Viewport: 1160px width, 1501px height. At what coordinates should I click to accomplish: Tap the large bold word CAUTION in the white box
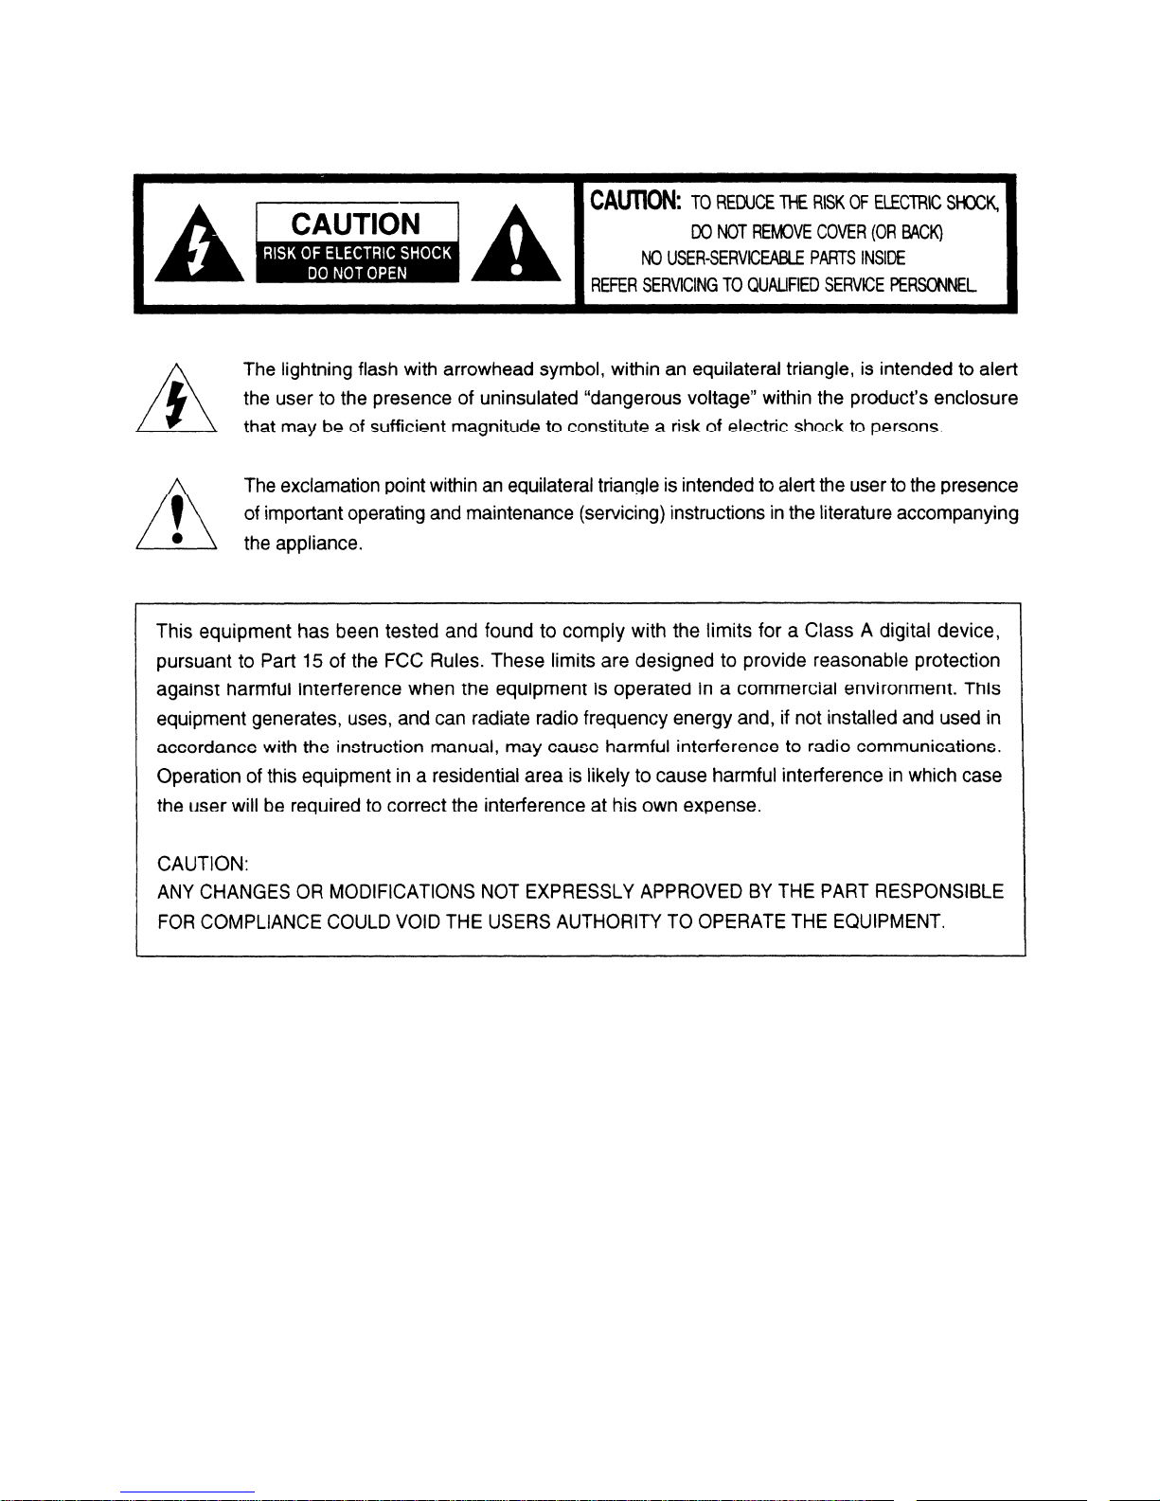(356, 224)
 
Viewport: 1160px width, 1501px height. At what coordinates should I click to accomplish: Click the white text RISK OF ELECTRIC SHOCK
(356, 254)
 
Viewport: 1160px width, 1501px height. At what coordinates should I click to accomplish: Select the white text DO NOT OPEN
(356, 273)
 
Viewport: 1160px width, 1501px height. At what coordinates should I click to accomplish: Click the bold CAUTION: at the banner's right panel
(634, 202)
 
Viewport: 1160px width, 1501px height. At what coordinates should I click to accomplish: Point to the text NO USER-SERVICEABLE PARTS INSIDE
(773, 258)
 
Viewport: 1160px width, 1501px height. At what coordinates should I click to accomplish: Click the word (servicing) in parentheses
(621, 514)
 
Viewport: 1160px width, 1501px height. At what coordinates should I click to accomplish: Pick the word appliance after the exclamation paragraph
(317, 545)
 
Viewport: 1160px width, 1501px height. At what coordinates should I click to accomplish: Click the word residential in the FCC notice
(478, 777)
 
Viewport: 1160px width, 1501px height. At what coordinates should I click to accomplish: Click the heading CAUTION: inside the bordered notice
(203, 864)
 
